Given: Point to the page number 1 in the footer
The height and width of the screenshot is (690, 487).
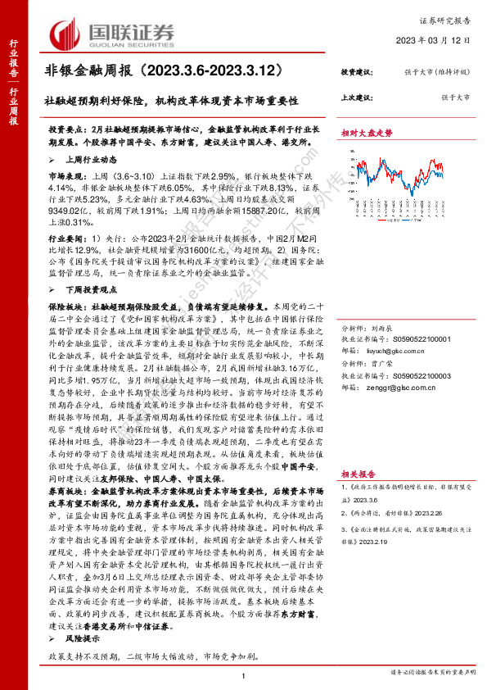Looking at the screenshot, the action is point(244,674).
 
